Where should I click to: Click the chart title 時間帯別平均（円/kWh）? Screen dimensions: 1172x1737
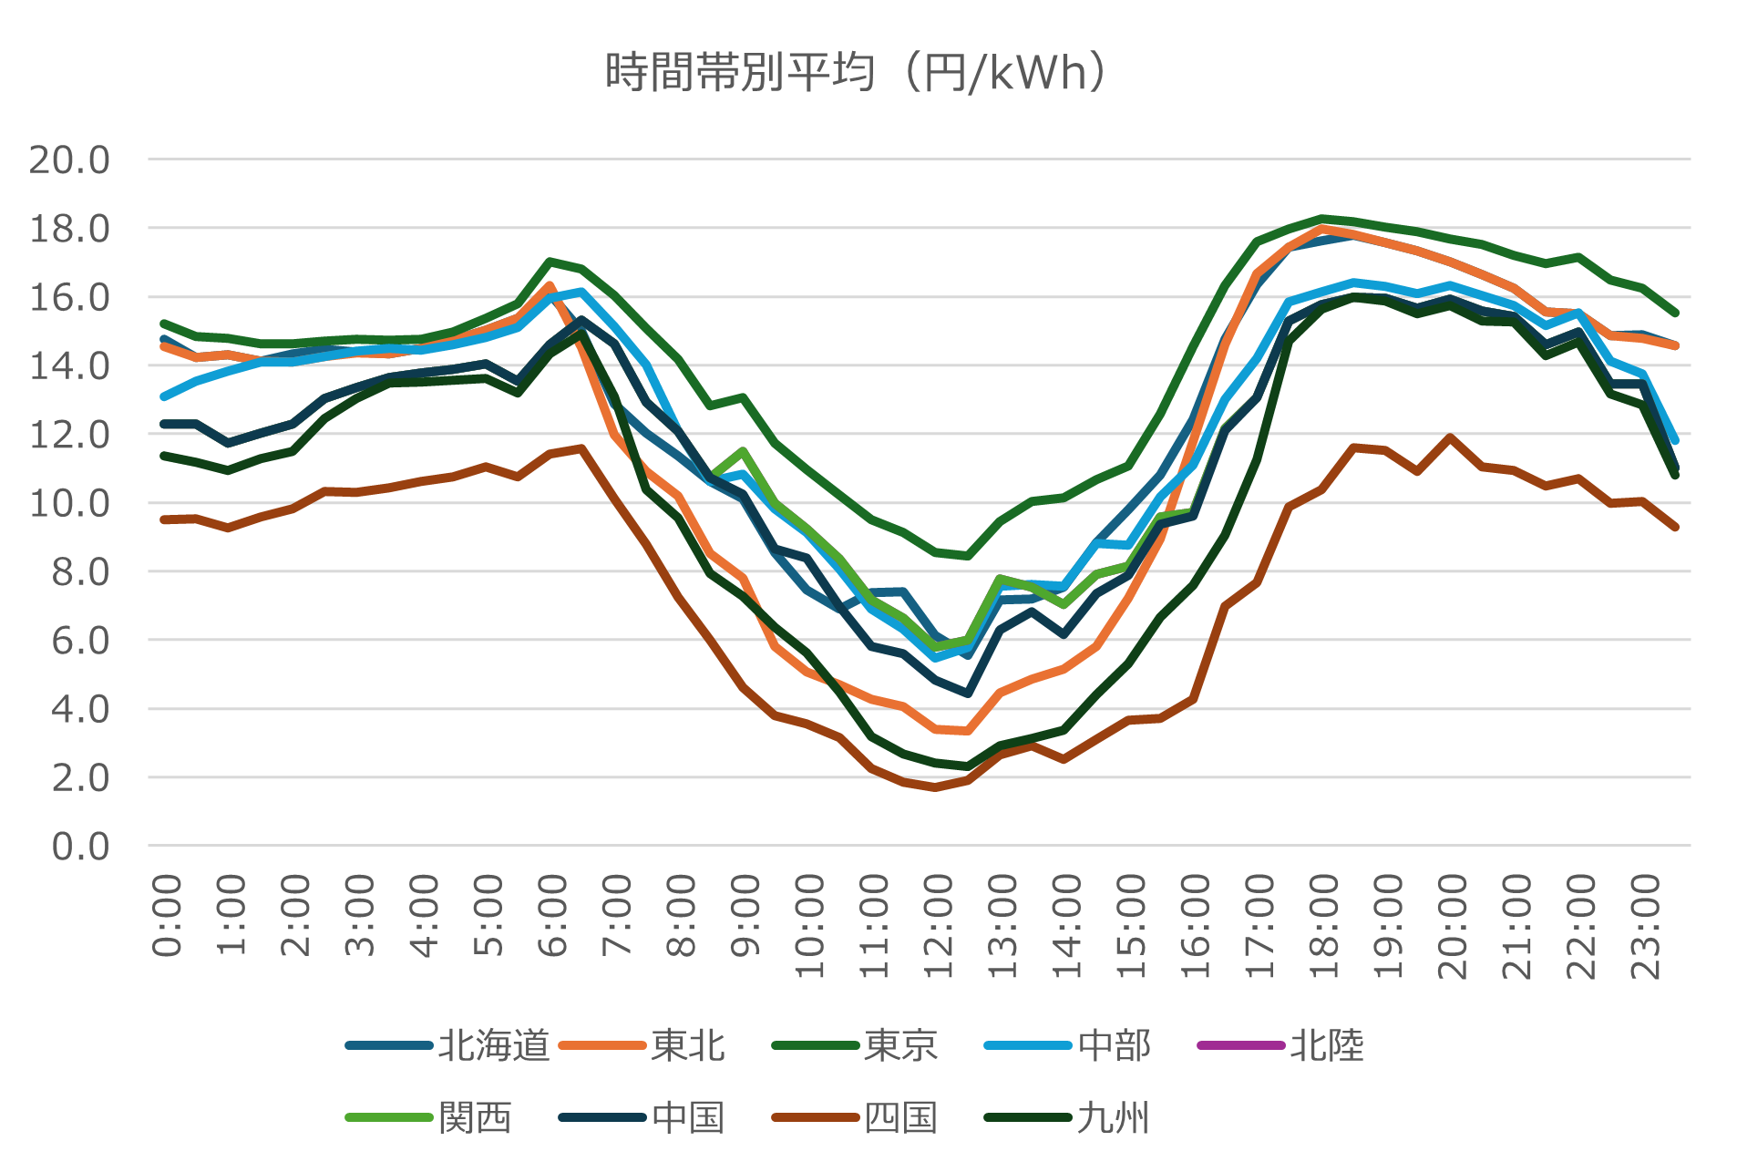(857, 73)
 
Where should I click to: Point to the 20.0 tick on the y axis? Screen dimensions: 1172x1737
(70, 160)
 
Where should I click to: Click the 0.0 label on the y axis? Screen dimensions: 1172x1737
(80, 847)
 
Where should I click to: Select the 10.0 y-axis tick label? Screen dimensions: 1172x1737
(70, 503)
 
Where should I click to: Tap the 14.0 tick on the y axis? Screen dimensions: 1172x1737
(70, 366)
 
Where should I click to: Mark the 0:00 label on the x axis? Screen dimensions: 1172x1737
(167, 915)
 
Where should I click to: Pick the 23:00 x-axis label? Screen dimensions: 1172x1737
(1646, 925)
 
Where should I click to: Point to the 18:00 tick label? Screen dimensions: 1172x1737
(1324, 925)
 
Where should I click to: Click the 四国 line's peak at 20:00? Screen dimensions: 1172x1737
(1449, 437)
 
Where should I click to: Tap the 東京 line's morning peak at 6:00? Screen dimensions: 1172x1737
(550, 262)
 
